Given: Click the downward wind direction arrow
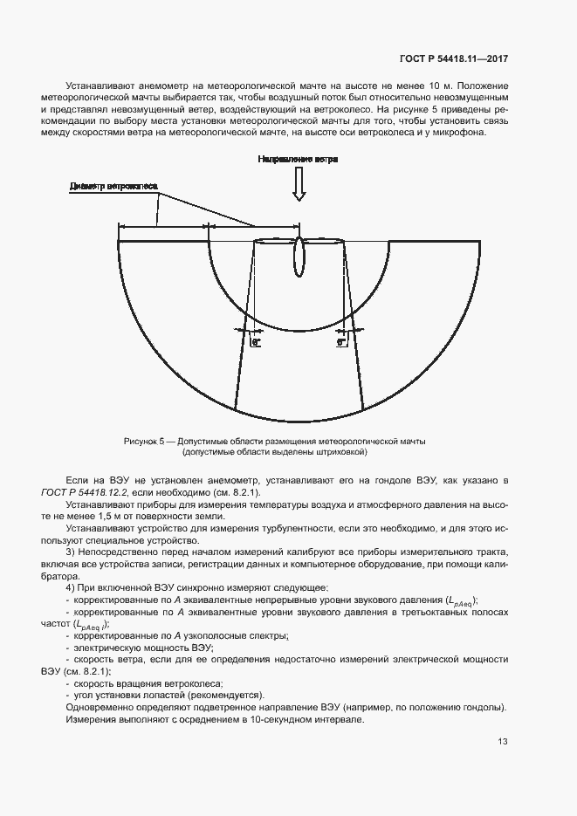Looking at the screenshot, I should [299, 184].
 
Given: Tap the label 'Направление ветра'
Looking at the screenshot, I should [298, 160].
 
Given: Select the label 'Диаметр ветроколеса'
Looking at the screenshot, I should [113, 186].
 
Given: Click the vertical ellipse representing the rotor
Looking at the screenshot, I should [299, 254].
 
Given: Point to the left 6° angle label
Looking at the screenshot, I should [256, 343].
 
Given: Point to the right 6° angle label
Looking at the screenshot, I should [341, 343].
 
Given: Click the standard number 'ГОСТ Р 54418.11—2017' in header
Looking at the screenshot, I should [454, 59].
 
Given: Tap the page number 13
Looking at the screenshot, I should [503, 742].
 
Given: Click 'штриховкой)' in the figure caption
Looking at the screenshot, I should [344, 453].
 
